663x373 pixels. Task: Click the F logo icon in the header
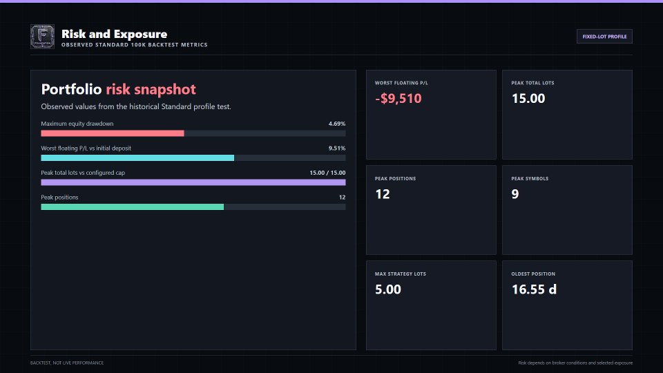(x=42, y=37)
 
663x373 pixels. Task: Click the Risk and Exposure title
(x=114, y=34)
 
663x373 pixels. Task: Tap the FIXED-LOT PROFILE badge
(x=604, y=37)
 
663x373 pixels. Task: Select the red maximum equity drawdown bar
(x=113, y=133)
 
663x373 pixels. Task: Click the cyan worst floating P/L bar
(x=137, y=157)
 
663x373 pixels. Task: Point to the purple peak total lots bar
(x=193, y=182)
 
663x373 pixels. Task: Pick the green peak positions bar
(x=133, y=207)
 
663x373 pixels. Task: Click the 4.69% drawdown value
(x=337, y=124)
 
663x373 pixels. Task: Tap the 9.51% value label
(x=337, y=149)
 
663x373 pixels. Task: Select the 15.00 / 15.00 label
(x=327, y=173)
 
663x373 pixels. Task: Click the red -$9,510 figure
(x=398, y=99)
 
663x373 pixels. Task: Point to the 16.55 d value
(x=534, y=289)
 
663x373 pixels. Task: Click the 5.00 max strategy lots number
(x=388, y=289)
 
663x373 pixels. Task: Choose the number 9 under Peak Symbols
(x=515, y=194)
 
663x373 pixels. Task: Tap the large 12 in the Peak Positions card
(x=383, y=194)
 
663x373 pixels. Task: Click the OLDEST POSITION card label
(x=533, y=274)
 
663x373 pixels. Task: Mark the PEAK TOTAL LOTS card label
(x=532, y=83)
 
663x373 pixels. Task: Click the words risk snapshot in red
(x=151, y=89)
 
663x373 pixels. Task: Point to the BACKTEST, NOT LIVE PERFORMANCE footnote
(x=67, y=363)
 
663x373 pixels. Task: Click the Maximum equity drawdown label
(x=77, y=124)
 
